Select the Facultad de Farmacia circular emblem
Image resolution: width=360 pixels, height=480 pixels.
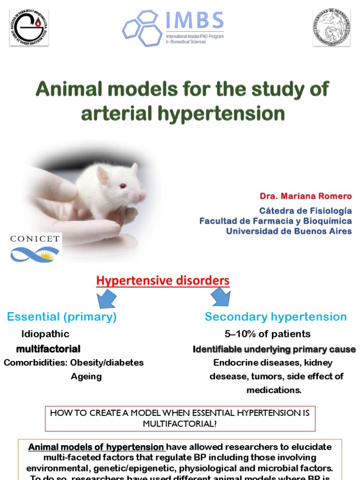(29, 27)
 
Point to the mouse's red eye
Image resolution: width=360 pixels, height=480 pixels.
(123, 186)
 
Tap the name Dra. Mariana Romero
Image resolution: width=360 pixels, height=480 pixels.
(306, 196)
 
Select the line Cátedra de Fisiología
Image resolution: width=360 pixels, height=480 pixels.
(305, 211)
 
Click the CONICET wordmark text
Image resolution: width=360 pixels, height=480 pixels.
(35, 239)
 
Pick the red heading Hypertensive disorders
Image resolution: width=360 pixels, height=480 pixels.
(163, 281)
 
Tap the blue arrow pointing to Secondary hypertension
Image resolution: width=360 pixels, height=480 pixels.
(220, 297)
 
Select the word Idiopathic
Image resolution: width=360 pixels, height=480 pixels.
(45, 334)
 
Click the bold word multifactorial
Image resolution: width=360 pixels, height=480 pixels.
(48, 349)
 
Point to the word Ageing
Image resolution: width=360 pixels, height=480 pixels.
(86, 376)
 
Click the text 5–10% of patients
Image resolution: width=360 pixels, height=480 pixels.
(267, 334)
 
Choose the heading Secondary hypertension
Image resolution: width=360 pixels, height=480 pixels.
(276, 317)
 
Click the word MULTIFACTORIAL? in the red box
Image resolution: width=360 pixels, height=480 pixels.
(180, 423)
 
